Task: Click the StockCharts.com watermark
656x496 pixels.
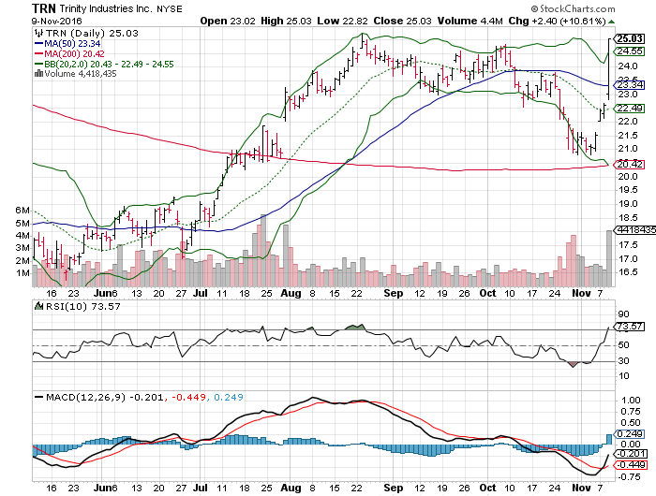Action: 613,7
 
